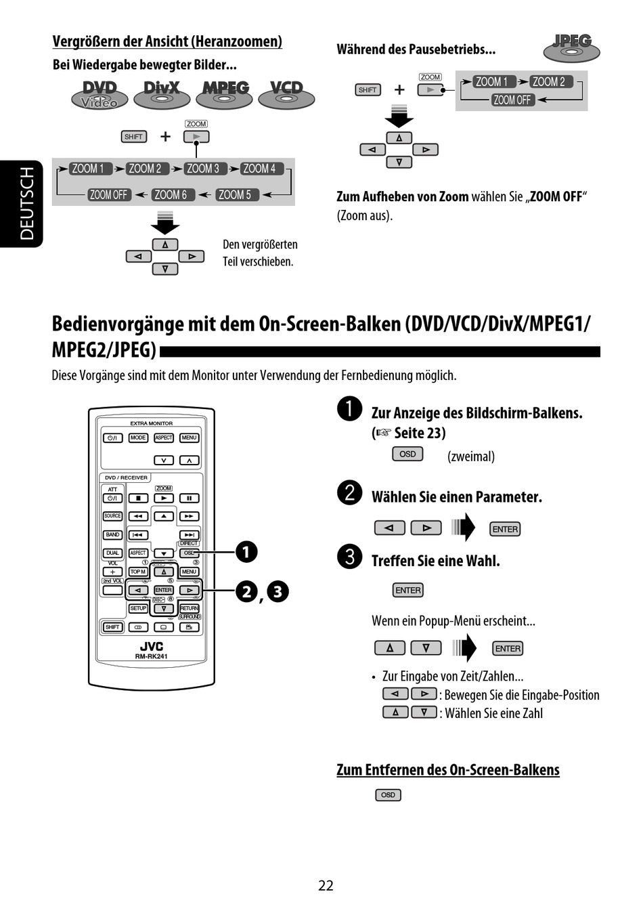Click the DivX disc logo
point(162,94)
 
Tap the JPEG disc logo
point(572,47)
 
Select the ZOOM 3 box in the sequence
point(203,169)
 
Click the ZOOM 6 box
point(171,195)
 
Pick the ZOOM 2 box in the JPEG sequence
point(549,82)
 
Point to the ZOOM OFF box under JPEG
point(512,100)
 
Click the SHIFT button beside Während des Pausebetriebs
point(368,89)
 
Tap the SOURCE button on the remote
point(112,516)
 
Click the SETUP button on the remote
point(138,608)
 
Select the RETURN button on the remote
point(190,608)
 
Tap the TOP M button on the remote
point(138,572)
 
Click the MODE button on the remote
point(138,438)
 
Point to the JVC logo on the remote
point(151,646)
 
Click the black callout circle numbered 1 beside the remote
point(246,552)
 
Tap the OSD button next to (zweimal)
point(407,454)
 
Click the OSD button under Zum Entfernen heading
point(388,794)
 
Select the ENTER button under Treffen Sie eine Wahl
point(407,591)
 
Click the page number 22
point(326,885)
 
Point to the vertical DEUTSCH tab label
point(26,204)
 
